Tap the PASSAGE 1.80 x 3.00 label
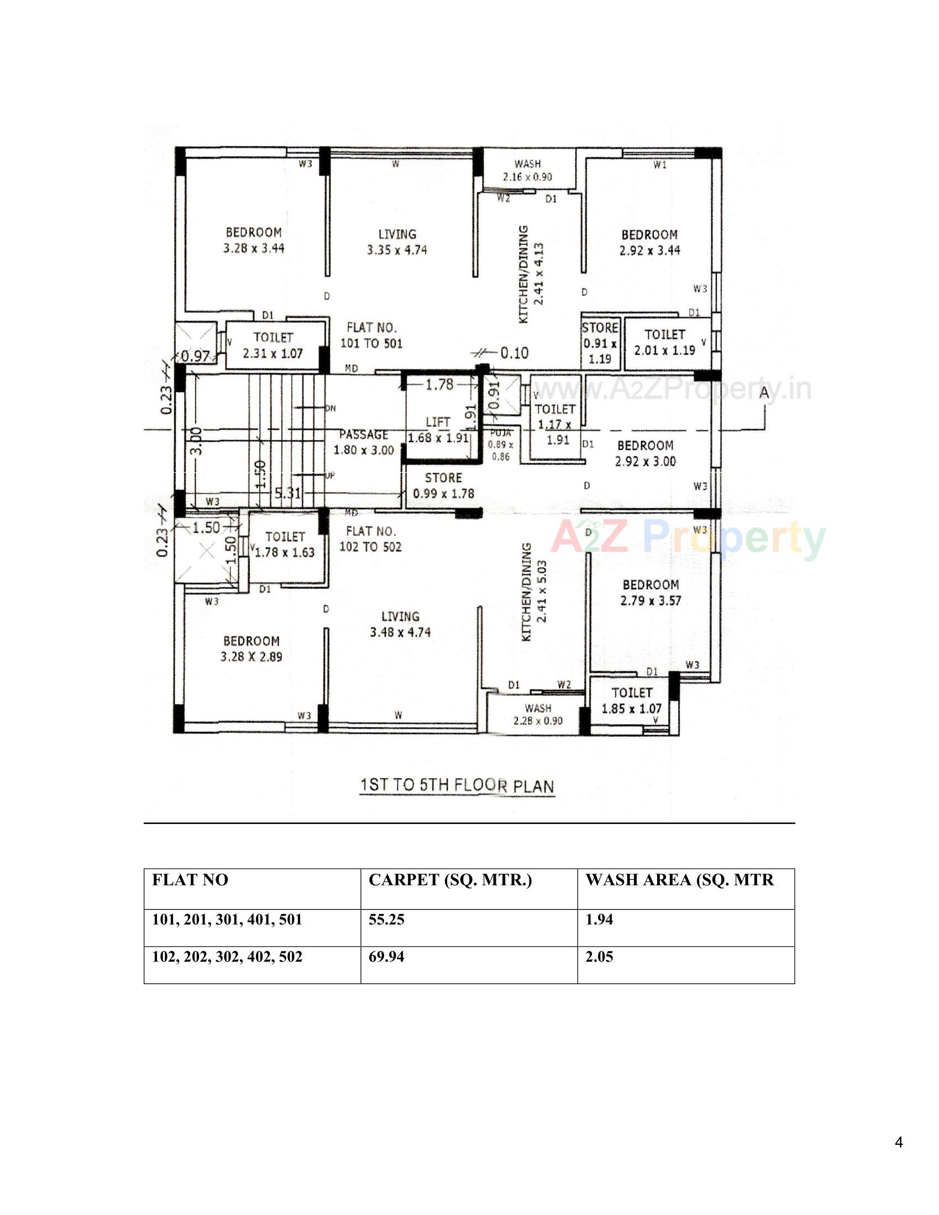tap(364, 442)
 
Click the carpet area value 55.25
tap(386, 920)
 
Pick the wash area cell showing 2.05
tap(599, 957)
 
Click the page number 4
tap(899, 1143)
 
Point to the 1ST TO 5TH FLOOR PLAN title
tap(457, 786)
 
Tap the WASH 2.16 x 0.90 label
tap(527, 170)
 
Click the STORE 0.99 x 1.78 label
tap(444, 485)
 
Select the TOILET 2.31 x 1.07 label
tap(272, 346)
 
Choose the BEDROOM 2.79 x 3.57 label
tap(650, 593)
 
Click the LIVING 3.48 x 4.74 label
tap(400, 624)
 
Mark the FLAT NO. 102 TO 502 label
tap(370, 538)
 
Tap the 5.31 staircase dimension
tap(287, 493)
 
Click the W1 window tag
tap(659, 165)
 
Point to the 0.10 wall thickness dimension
tap(514, 353)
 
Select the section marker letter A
tap(764, 392)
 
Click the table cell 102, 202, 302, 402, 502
tap(227, 957)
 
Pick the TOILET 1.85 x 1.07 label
tap(631, 700)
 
